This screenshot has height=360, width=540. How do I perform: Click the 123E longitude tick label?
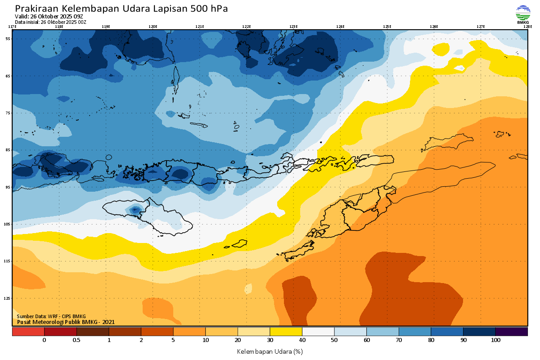point(293,27)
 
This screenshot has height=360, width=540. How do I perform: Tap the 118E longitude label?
point(59,27)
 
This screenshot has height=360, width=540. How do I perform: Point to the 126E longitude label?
point(434,27)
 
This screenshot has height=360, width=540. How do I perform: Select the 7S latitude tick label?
point(8,113)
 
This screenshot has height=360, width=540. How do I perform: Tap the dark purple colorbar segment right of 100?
point(512,332)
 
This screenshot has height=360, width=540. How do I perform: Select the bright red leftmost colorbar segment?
point(28,332)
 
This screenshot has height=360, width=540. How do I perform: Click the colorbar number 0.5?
point(76,341)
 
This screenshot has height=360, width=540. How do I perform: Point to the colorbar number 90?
point(463,341)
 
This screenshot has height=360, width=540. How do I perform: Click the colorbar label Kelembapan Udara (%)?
point(270,351)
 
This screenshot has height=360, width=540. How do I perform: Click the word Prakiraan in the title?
point(36,9)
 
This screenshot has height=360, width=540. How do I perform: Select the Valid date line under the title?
point(49,17)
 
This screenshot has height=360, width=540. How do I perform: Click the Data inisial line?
point(50,22)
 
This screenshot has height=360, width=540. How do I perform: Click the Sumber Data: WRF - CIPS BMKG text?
point(51,316)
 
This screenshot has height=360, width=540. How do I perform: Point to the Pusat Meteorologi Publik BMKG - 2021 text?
point(66,322)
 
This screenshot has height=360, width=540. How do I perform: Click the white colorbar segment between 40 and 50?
point(318,332)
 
